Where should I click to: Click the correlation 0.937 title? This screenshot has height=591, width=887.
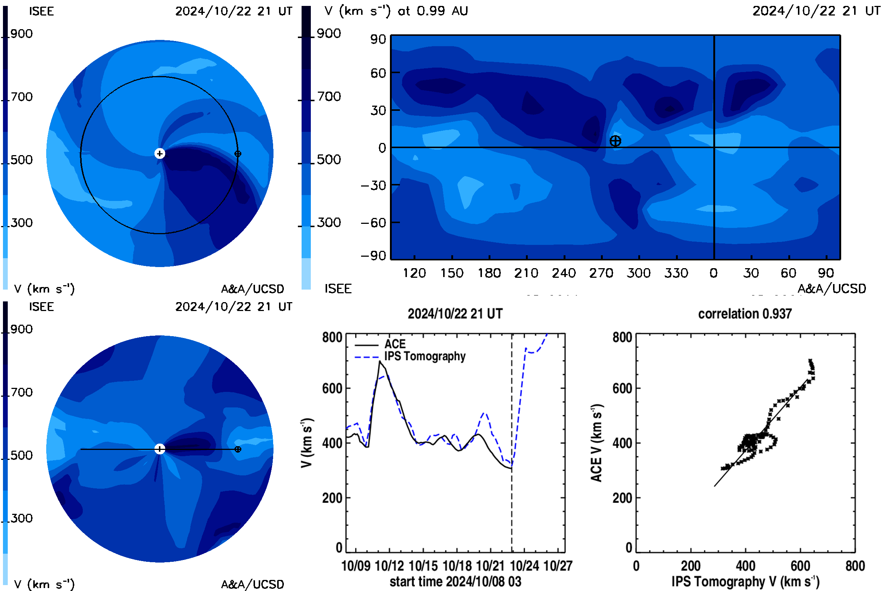[x=744, y=314]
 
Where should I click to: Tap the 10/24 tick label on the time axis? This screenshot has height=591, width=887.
[x=524, y=566]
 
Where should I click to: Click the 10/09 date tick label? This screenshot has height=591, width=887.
[x=356, y=566]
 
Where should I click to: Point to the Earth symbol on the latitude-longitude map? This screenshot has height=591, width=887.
[x=615, y=141]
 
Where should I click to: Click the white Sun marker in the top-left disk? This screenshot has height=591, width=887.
[x=160, y=153]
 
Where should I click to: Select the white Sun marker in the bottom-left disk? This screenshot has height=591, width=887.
[x=160, y=449]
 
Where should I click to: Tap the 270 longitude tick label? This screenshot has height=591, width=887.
[x=602, y=273]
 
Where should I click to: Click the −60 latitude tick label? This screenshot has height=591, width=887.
[x=374, y=223]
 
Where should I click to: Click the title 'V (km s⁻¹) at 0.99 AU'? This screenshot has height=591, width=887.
[x=396, y=11]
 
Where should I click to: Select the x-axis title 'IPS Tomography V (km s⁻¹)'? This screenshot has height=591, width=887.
[x=745, y=581]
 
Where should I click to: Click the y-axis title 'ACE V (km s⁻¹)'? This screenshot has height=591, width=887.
[x=597, y=443]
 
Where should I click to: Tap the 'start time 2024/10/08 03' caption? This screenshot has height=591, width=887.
[x=456, y=581]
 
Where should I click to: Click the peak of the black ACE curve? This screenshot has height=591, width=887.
[x=380, y=361]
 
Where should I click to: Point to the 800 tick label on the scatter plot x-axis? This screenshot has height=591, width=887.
[x=855, y=566]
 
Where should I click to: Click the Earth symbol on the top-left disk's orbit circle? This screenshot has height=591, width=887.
[x=238, y=154]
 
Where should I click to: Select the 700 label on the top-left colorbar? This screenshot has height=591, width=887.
[x=21, y=97]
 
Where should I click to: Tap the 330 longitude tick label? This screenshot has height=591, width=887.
[x=677, y=273]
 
